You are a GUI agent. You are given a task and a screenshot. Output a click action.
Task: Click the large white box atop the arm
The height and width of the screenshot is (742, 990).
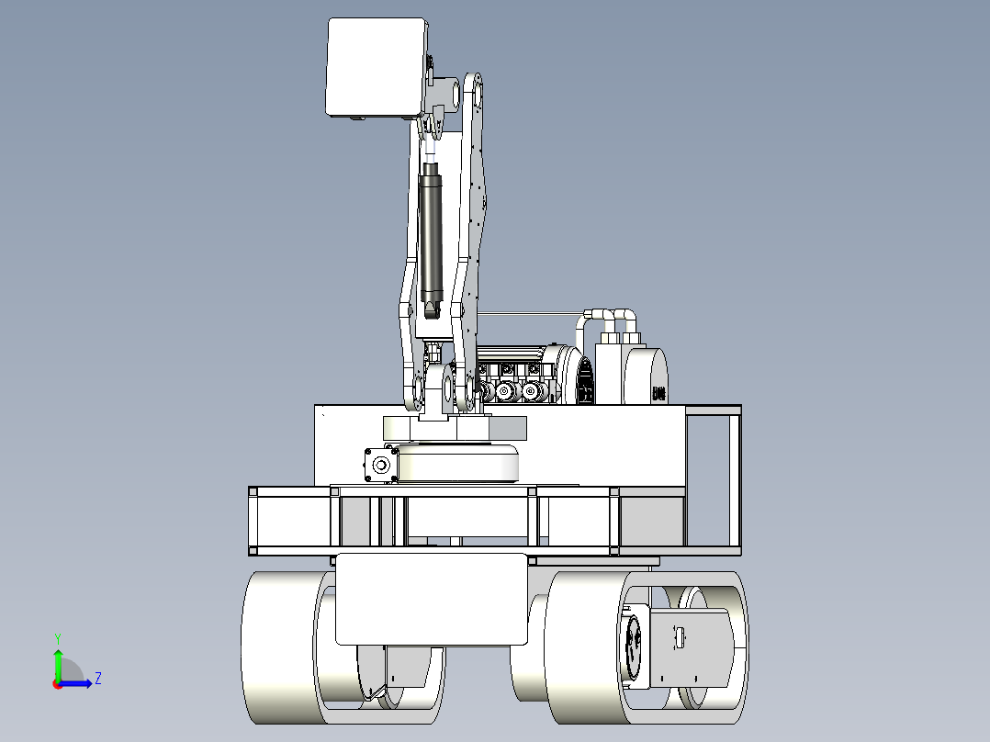377,67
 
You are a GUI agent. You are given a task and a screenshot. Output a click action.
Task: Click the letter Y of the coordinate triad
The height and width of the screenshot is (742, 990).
58,638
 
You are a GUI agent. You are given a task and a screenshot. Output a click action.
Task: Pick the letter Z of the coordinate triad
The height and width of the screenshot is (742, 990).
98,679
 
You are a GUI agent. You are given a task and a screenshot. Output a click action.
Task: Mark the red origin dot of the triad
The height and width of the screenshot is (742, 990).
58,684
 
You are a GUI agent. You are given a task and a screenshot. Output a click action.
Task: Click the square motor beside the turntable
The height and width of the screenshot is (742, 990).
381,466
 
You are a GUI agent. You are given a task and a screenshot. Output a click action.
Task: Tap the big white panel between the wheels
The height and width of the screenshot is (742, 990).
432,599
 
